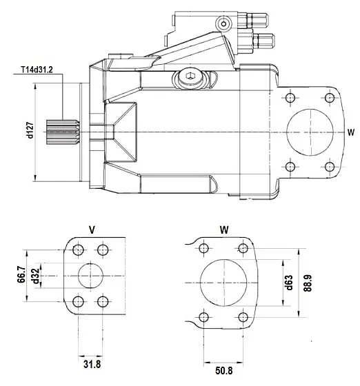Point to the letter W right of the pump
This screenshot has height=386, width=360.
tap(350, 131)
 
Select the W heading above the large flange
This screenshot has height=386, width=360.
tap(223, 227)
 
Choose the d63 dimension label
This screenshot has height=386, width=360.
tap(290, 283)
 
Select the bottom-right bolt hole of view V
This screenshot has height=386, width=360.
tap(103, 301)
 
